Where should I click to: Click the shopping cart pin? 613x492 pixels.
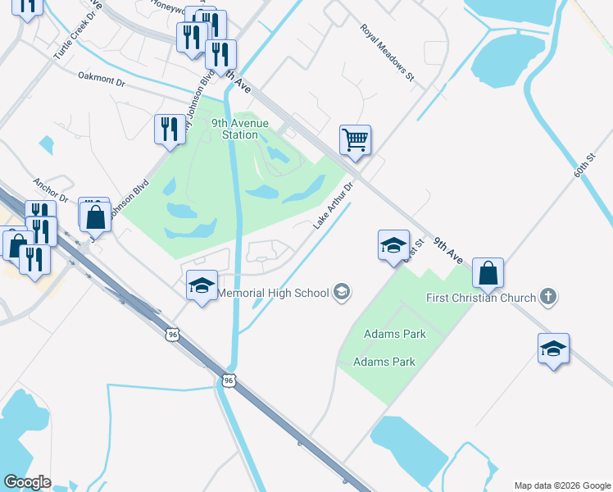(356, 139)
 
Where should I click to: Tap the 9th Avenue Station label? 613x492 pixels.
(234, 129)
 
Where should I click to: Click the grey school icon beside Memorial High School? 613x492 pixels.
(343, 292)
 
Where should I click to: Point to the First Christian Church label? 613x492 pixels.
(481, 298)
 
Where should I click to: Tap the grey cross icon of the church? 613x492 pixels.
(549, 298)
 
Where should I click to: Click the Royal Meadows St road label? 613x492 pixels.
(388, 53)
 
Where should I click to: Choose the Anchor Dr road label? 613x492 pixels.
(48, 189)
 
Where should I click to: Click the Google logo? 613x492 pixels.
(27, 482)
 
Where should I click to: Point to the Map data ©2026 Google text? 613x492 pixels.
(562, 485)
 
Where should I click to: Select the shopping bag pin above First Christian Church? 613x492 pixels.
(488, 273)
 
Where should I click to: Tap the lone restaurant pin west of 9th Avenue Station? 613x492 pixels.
(170, 130)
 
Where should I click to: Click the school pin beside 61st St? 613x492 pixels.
(393, 244)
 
